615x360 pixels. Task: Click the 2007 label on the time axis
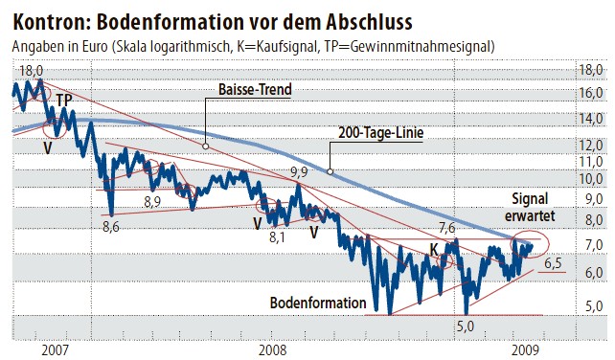[x=56, y=349]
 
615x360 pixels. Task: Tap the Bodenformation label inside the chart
[x=318, y=304]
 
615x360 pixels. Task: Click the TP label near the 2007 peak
[x=63, y=100]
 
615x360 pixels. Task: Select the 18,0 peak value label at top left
[x=32, y=70]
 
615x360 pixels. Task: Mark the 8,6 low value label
[x=110, y=227]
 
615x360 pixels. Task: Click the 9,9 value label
[x=299, y=172]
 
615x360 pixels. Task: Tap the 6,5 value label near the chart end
[x=554, y=261]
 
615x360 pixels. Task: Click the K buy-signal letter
[x=434, y=250]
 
